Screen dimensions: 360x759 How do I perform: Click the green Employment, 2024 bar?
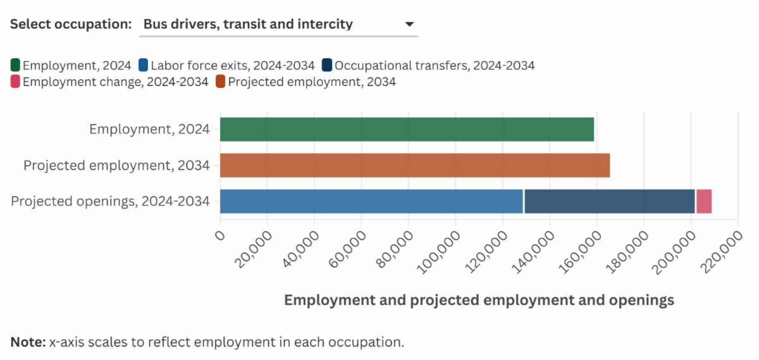[x=407, y=129]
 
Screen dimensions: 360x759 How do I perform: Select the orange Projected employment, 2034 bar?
[x=414, y=165]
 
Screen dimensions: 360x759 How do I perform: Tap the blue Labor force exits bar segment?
[x=371, y=201]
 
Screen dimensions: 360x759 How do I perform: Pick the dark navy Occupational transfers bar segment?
[x=610, y=201]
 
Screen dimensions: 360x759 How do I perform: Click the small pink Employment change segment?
[x=704, y=201]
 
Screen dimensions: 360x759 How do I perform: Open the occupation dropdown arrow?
[x=409, y=25]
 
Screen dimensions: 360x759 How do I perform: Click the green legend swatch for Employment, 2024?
[x=15, y=65]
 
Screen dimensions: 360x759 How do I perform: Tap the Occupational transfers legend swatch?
[x=327, y=65]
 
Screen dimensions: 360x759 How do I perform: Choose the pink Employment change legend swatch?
[x=15, y=82]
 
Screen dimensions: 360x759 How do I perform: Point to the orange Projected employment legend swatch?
[x=221, y=82]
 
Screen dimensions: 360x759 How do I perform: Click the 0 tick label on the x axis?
[x=221, y=235]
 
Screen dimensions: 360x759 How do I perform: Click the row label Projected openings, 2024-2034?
[x=110, y=201]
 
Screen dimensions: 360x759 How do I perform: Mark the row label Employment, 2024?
[x=149, y=129]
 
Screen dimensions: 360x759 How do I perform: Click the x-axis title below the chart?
[x=479, y=300]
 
